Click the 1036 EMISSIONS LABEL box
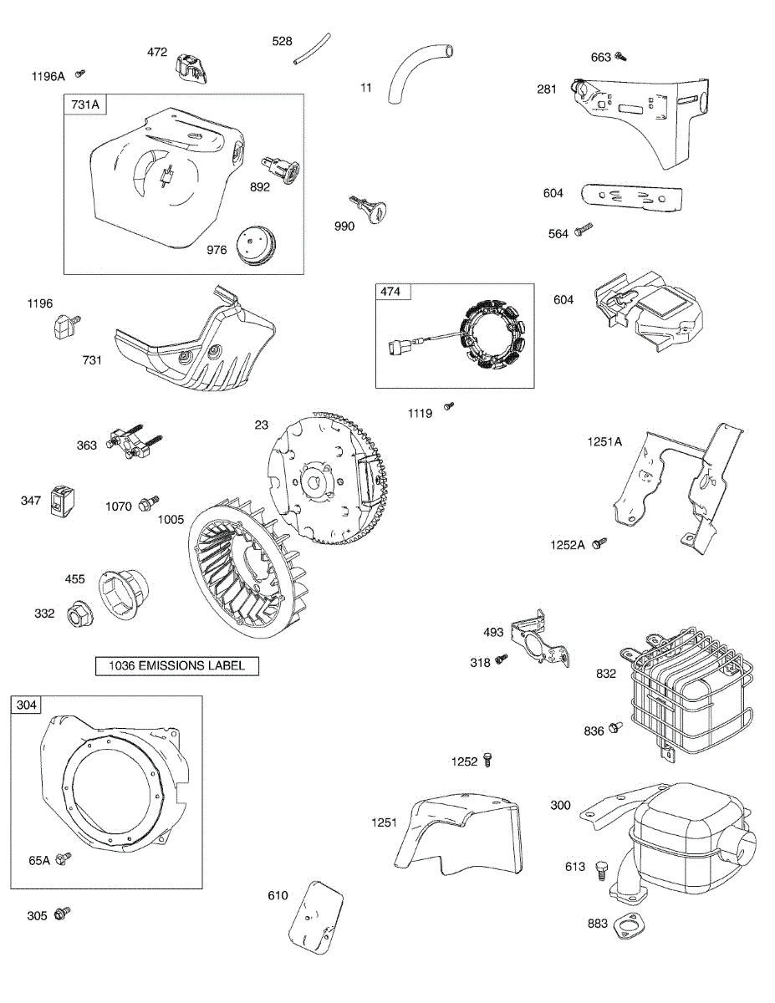pyautogui.click(x=176, y=666)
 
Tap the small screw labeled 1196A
pyautogui.click(x=82, y=74)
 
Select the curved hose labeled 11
pyautogui.click(x=416, y=73)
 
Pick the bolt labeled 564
pyautogui.click(x=584, y=229)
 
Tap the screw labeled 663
pyautogui.click(x=620, y=57)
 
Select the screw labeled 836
pyautogui.click(x=617, y=728)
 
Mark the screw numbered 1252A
pyautogui.click(x=598, y=543)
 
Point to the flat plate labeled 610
pyautogui.click(x=316, y=916)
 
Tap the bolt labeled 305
pyautogui.click(x=62, y=914)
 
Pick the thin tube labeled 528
pyautogui.click(x=312, y=49)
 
